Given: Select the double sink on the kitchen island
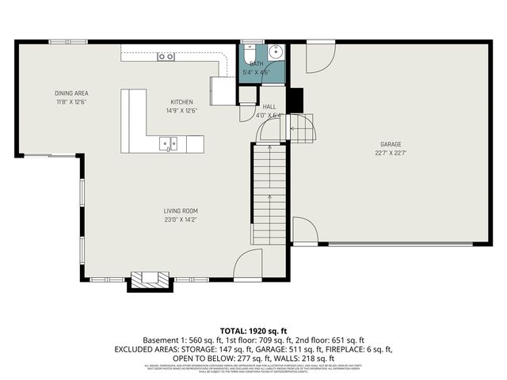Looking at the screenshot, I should pyautogui.click(x=167, y=143).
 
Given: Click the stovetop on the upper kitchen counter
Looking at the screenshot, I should pyautogui.click(x=166, y=56).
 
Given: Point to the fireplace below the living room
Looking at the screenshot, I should pyautogui.click(x=150, y=279).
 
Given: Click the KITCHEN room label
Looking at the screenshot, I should pyautogui.click(x=181, y=102).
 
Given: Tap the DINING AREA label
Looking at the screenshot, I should pyautogui.click(x=71, y=93).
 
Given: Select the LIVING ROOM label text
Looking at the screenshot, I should pyautogui.click(x=181, y=211).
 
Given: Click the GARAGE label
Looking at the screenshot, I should pyautogui.click(x=391, y=144).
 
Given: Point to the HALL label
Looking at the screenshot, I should pyautogui.click(x=269, y=105).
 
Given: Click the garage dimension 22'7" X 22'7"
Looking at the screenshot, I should pyautogui.click(x=391, y=154).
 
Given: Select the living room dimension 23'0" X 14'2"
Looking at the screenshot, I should pyautogui.click(x=181, y=220).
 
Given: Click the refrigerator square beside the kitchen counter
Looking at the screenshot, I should pyautogui.click(x=223, y=89).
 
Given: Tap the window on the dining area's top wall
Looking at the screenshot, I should pyautogui.click(x=63, y=42).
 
